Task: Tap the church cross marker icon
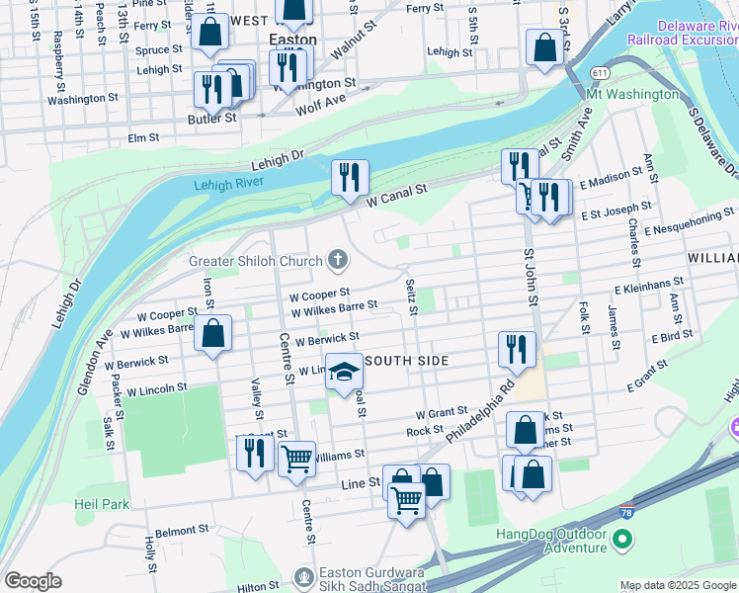pos(339,261)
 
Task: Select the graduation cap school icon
pos(345,373)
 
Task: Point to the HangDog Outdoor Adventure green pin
pos(621,540)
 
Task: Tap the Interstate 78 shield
pos(626,512)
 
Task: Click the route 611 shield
pos(600,73)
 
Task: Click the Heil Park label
pos(102,504)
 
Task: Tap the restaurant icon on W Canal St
pos(350,178)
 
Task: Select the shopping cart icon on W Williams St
pos(296,459)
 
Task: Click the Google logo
pos(33,581)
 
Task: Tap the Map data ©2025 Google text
pos(678,585)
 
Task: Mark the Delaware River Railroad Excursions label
pos(683,30)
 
